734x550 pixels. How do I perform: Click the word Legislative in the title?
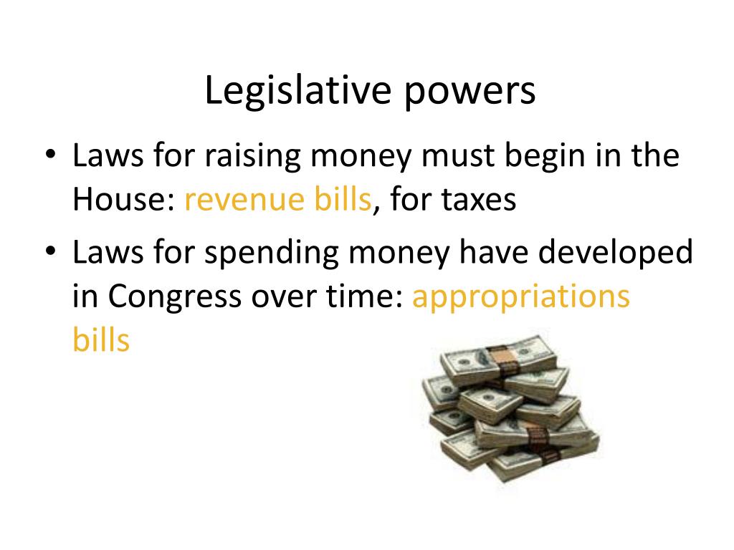[297, 92]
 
